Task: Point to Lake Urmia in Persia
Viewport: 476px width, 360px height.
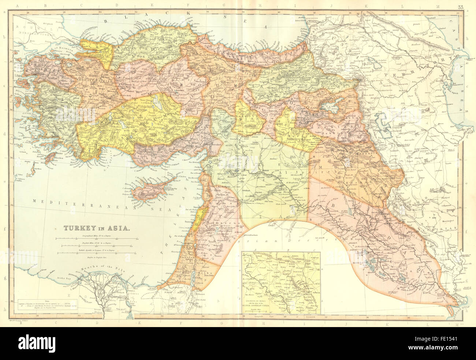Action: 383,123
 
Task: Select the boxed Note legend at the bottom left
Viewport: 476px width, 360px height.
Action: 48,304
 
